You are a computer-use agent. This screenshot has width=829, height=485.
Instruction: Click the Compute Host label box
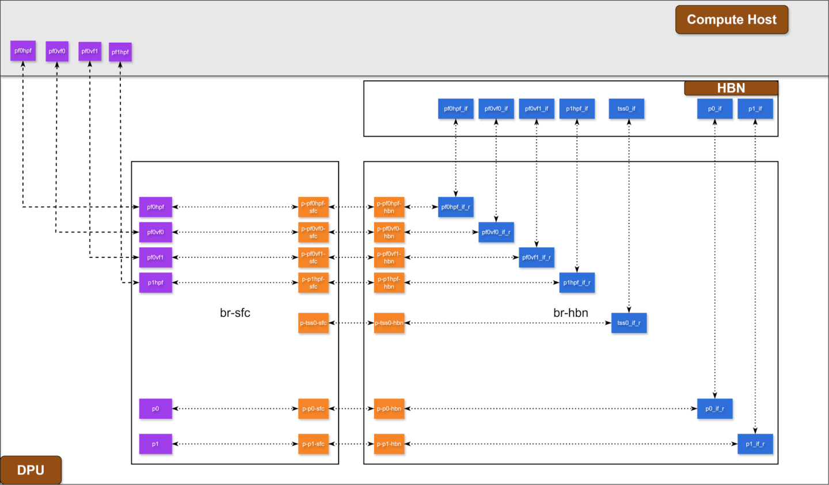coord(732,20)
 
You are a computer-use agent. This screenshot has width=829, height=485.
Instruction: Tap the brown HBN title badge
coord(731,88)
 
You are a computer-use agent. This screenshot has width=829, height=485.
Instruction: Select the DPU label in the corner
coord(31,470)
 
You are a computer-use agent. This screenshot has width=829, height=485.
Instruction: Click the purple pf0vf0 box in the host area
coord(57,51)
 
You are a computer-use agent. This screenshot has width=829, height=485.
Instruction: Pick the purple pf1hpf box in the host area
coord(120,52)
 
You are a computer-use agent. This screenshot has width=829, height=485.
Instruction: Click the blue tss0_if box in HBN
coord(626,109)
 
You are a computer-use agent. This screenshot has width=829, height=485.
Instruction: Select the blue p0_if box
coord(714,109)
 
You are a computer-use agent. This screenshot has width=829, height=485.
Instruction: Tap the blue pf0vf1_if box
coord(537,109)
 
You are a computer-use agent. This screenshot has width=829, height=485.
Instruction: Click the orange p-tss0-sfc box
coord(313,323)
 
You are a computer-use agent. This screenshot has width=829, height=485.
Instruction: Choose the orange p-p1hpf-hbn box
coord(389,283)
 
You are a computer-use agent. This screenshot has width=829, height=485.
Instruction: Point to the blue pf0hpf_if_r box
coord(456,207)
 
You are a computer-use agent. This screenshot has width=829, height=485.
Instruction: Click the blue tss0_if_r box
coord(629,323)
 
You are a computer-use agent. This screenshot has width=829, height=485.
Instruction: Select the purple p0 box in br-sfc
coord(155,409)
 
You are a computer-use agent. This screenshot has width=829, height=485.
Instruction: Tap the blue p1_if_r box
coord(755,444)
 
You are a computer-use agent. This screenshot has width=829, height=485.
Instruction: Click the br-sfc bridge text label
coord(235,313)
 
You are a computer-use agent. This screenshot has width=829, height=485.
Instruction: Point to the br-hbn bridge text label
coord(571,313)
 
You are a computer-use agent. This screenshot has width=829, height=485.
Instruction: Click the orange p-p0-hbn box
coord(389,409)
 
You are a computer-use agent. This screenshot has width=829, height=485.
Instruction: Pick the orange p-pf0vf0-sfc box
coord(313,233)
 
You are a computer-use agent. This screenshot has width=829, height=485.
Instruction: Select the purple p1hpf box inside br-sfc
coord(155,283)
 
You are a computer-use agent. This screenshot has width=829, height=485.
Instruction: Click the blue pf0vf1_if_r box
coord(537,257)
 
